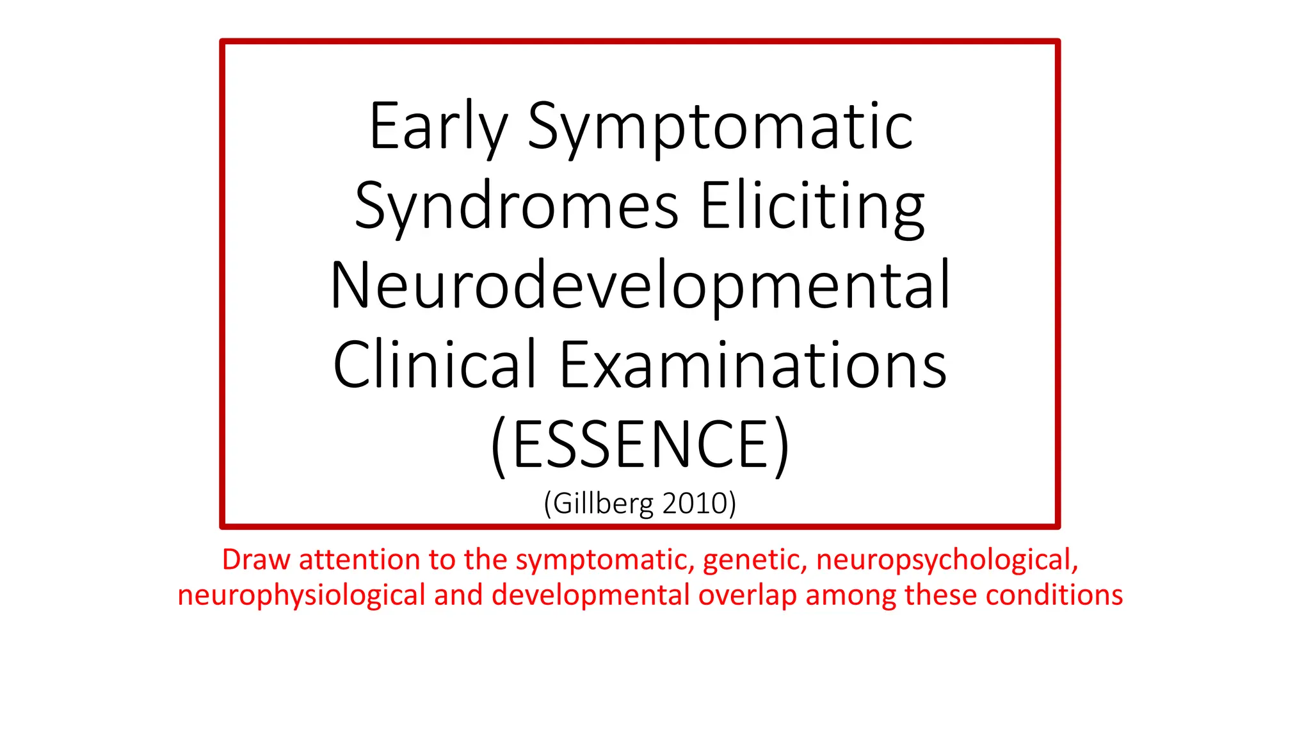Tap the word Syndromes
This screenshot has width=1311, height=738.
[x=516, y=206]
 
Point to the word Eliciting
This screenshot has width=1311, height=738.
[x=812, y=206]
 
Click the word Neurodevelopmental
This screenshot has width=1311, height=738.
[x=640, y=286]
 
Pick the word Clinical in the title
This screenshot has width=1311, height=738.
[x=434, y=365]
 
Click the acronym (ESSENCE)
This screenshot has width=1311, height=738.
[x=640, y=445]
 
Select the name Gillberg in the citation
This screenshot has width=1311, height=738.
[x=604, y=504]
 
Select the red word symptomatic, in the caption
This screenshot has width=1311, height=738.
[x=606, y=560]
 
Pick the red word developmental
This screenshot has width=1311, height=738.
[x=590, y=595]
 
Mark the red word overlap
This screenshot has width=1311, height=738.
[x=747, y=595]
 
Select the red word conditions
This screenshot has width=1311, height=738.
[x=1054, y=595]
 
